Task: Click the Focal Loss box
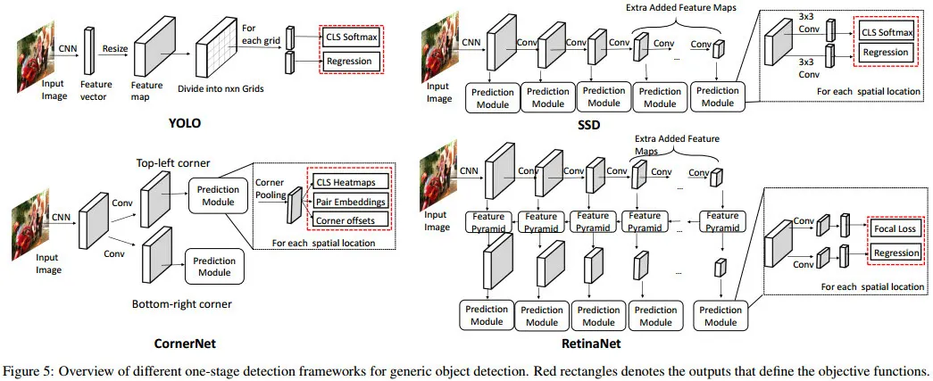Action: [x=895, y=229]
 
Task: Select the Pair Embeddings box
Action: [x=350, y=202]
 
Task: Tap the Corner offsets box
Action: [x=350, y=219]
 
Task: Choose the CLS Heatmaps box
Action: [x=350, y=183]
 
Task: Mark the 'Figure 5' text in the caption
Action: [x=28, y=370]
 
